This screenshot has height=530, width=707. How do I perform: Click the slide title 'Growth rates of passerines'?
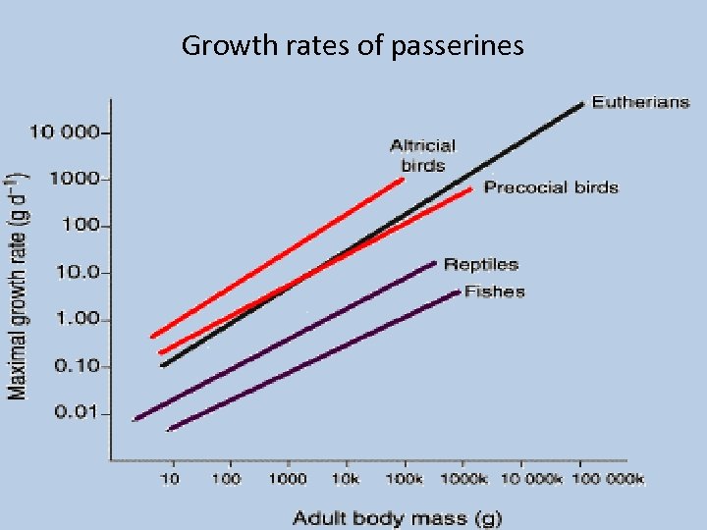(353, 45)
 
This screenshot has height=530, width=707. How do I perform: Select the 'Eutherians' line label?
(639, 102)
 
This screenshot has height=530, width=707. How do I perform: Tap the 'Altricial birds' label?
(422, 155)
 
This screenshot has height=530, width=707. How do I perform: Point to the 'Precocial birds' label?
(551, 186)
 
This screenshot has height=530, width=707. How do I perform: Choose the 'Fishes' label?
(494, 291)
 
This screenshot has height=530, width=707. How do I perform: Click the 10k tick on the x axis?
(345, 479)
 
